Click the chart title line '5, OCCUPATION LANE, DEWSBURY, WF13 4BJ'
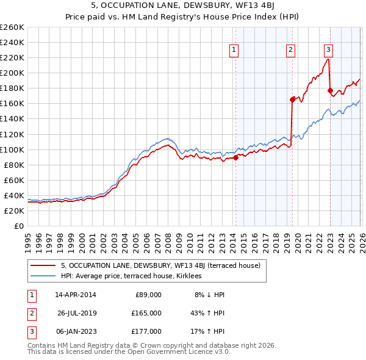[x=182, y=7]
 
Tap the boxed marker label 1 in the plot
[x=235, y=51]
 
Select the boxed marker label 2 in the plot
[x=291, y=51]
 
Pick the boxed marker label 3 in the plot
[x=328, y=51]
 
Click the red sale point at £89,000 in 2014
[x=235, y=157]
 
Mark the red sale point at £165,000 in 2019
[x=292, y=99]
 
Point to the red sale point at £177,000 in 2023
[x=330, y=90]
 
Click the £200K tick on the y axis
[x=12, y=73]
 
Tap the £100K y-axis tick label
[x=12, y=149]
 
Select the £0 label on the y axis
[x=18, y=226]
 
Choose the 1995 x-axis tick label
[x=28, y=238]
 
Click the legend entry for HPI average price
[x=135, y=276]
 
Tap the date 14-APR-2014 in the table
[x=75, y=294]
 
